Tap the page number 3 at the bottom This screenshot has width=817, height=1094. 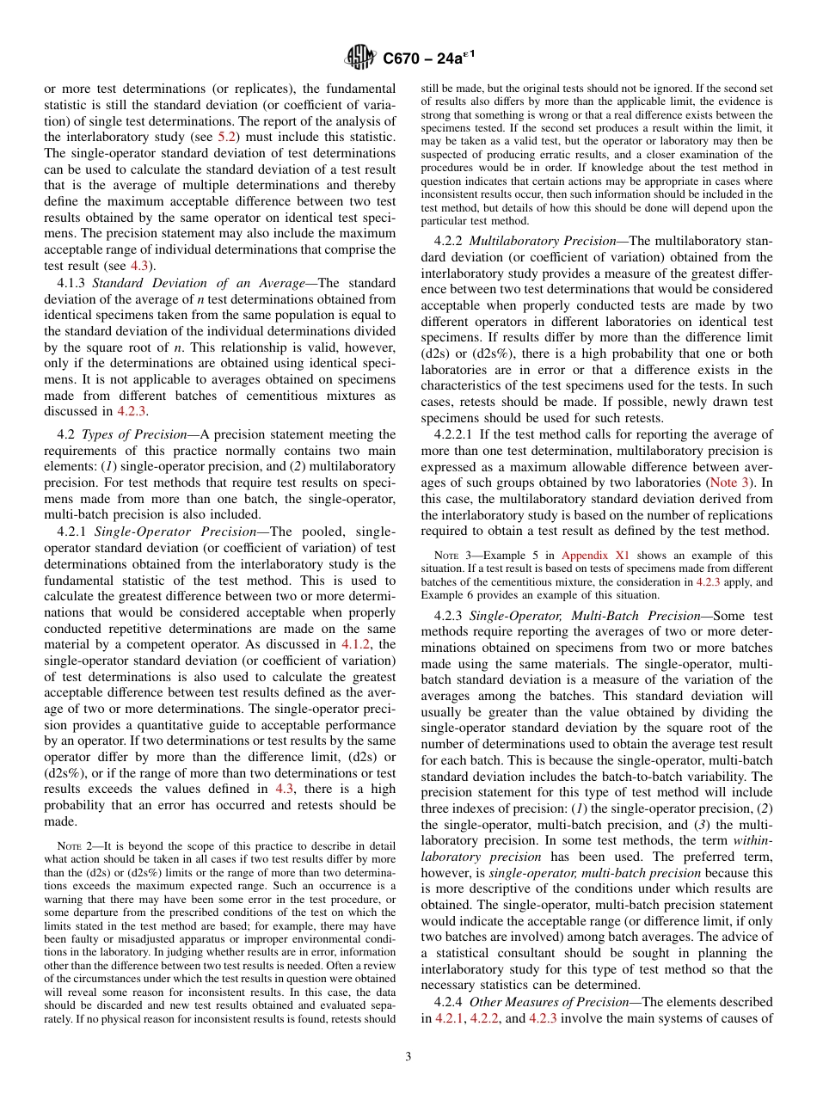(x=408, y=1056)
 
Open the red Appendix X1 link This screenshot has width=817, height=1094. (x=587, y=556)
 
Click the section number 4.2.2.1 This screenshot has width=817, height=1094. (x=456, y=434)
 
